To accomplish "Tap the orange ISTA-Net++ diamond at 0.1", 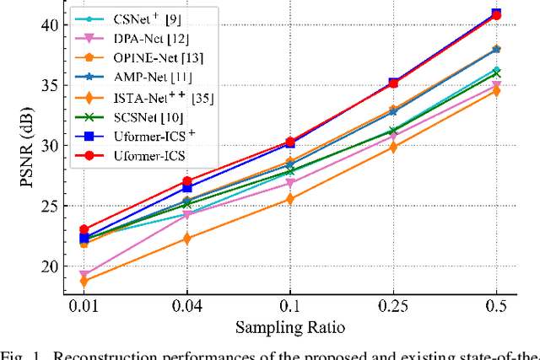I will [x=290, y=199].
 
